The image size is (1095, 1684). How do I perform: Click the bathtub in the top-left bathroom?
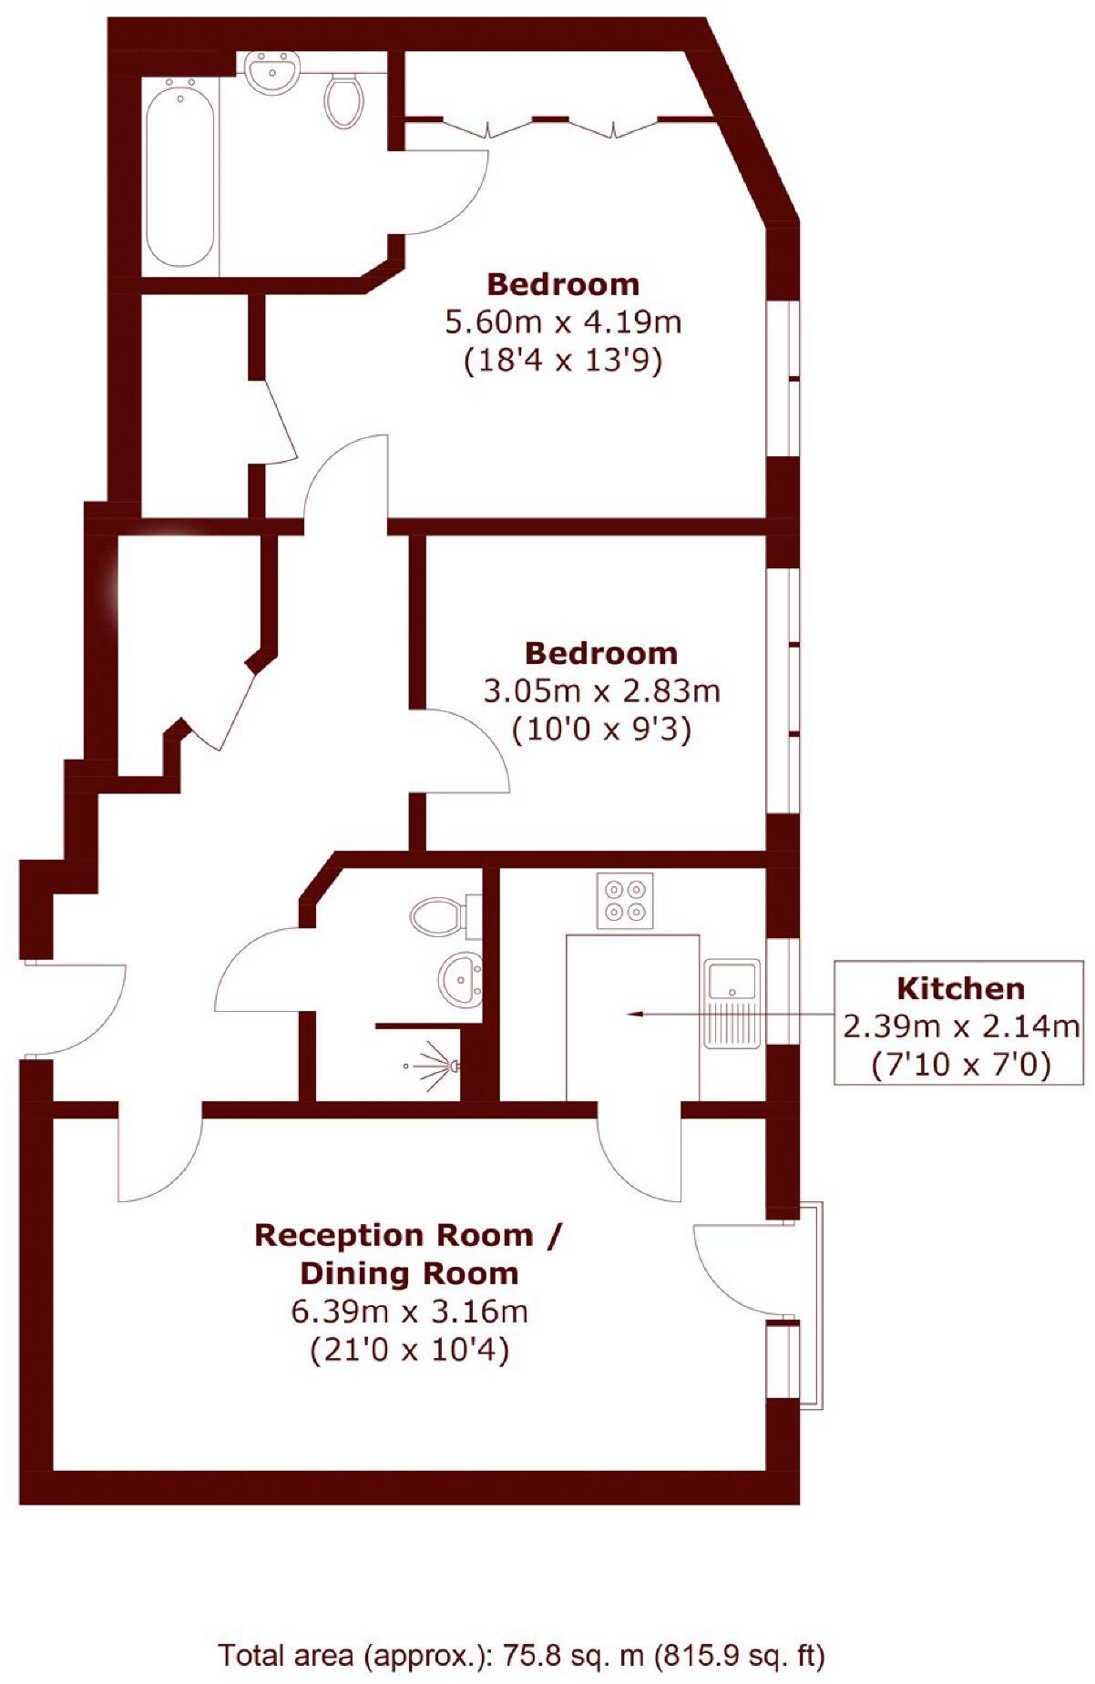(x=182, y=173)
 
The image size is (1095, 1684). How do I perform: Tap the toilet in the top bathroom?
(x=343, y=99)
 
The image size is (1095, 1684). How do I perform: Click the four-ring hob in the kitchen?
(x=625, y=901)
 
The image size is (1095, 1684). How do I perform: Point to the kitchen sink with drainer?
(x=732, y=1003)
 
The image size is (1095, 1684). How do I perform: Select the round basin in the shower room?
(x=462, y=980)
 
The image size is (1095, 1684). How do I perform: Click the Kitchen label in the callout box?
(x=960, y=988)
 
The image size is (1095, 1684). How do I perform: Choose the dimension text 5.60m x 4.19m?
(x=563, y=322)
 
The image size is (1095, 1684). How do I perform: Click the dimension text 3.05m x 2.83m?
(x=601, y=691)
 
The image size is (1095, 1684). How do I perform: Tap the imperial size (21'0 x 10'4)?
(x=409, y=1350)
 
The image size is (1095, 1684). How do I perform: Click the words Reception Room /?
(x=409, y=1236)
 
